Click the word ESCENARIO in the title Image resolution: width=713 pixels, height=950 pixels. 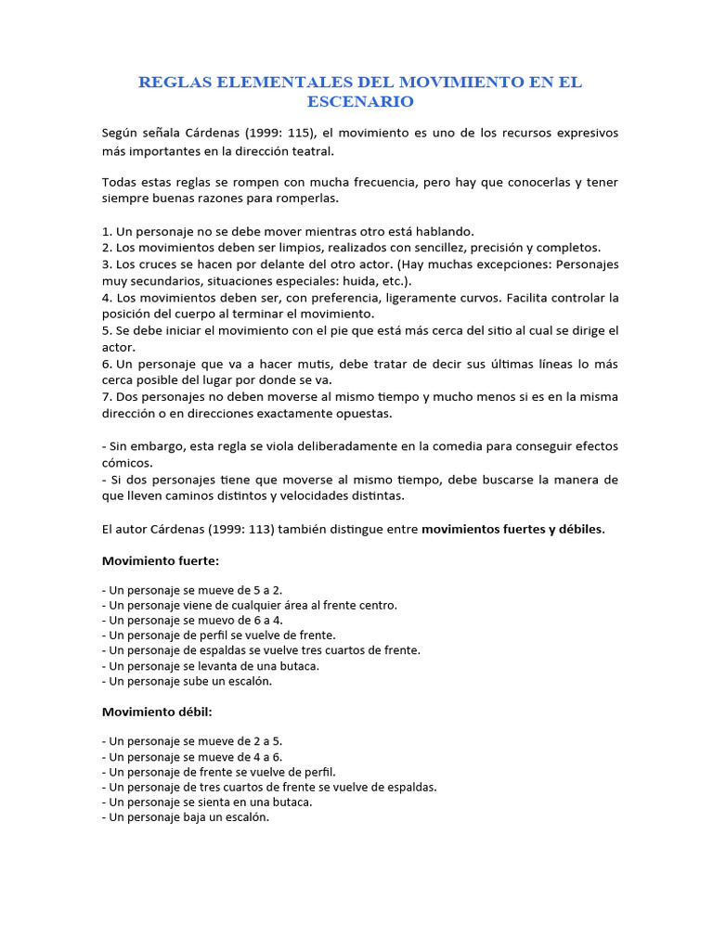pos(360,101)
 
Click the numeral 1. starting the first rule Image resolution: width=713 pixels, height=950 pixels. pos(107,231)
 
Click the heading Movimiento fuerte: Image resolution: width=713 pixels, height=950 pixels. pos(160,561)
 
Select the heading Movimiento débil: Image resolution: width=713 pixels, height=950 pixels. pos(156,712)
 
